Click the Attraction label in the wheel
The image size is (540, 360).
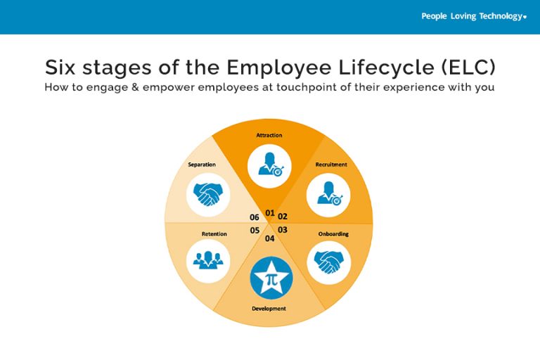(269, 135)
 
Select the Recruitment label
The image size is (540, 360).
(331, 165)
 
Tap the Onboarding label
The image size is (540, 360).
(333, 234)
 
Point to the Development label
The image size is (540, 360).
(269, 309)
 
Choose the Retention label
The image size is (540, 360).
(214, 234)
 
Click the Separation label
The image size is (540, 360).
(202, 165)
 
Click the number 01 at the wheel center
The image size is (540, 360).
(270, 213)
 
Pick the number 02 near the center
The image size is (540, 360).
(283, 217)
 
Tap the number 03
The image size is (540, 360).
(283, 230)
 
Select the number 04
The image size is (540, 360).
(270, 238)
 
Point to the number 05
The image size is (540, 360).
(255, 231)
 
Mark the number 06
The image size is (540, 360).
(254, 217)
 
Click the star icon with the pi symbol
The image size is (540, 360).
(271, 278)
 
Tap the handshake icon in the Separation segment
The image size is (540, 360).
(208, 194)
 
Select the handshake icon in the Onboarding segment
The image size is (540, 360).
(328, 262)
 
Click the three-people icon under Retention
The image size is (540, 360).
(208, 260)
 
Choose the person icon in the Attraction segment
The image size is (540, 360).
(271, 165)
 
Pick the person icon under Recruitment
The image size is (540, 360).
(330, 194)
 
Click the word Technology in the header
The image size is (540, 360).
(501, 16)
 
